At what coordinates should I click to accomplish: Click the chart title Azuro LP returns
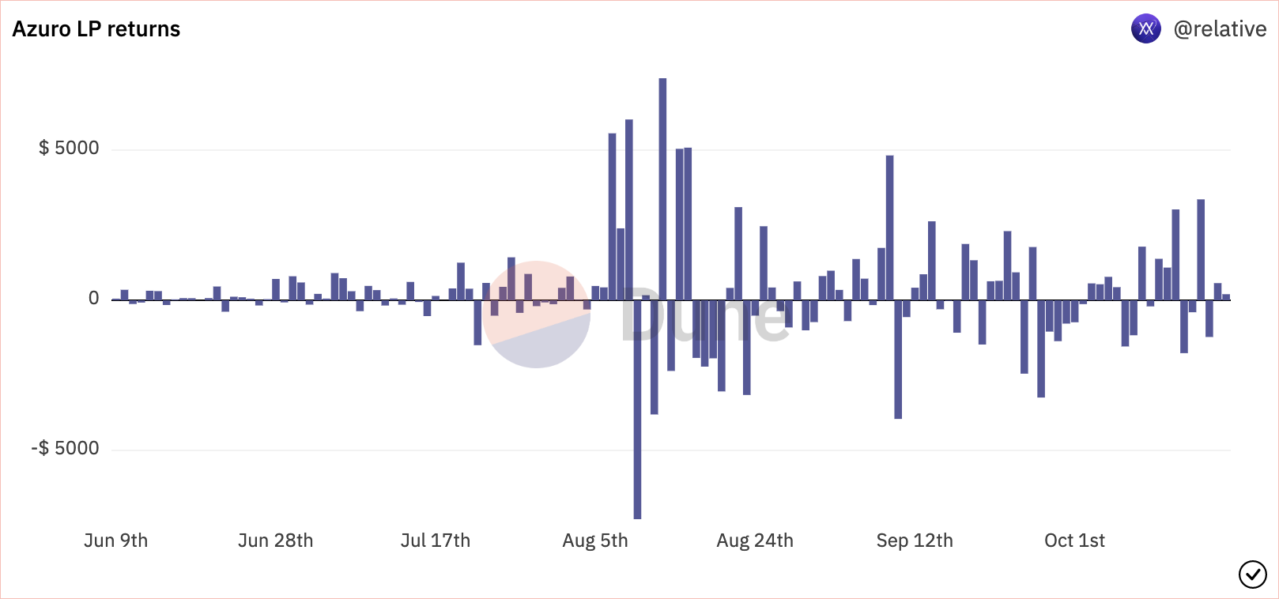pyautogui.click(x=96, y=29)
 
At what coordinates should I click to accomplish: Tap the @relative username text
pyautogui.click(x=1220, y=29)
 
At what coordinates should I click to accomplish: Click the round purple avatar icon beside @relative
pyautogui.click(x=1145, y=29)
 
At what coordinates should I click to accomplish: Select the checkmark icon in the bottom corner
pyautogui.click(x=1252, y=575)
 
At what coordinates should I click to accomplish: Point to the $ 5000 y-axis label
pyautogui.click(x=70, y=149)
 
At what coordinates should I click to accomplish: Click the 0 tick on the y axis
pyautogui.click(x=94, y=299)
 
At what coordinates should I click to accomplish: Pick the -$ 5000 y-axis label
pyautogui.click(x=66, y=449)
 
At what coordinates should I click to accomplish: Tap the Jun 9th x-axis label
pyautogui.click(x=116, y=541)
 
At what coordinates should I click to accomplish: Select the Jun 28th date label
pyautogui.click(x=276, y=541)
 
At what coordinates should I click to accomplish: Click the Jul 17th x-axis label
pyautogui.click(x=436, y=541)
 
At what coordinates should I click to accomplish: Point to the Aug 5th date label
pyautogui.click(x=595, y=541)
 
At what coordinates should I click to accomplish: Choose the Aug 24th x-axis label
pyautogui.click(x=755, y=541)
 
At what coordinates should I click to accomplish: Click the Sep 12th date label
pyautogui.click(x=915, y=541)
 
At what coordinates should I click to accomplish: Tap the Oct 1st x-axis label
pyautogui.click(x=1074, y=541)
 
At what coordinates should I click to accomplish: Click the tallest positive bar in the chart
pyautogui.click(x=662, y=190)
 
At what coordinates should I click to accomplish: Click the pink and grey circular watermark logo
pyautogui.click(x=536, y=315)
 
